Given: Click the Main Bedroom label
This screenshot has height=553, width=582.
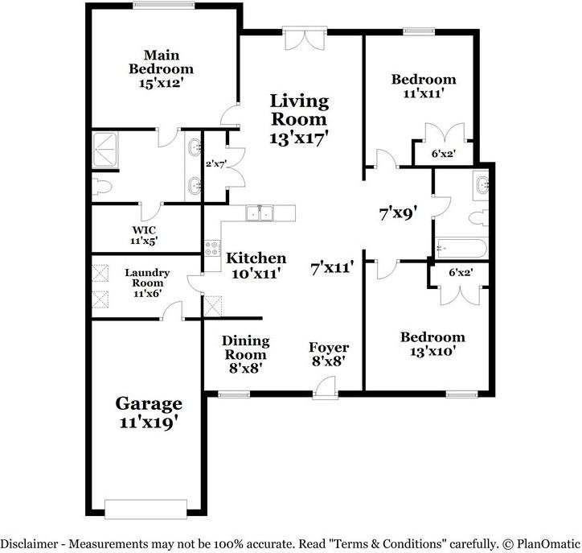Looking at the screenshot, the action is click(x=161, y=62).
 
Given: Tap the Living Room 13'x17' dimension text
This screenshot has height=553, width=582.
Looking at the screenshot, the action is click(x=299, y=138).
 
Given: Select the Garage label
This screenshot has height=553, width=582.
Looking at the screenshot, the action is click(x=149, y=403).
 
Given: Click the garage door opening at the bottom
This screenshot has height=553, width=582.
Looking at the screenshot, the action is click(x=145, y=510).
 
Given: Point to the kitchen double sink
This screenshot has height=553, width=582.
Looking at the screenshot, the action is click(x=260, y=213).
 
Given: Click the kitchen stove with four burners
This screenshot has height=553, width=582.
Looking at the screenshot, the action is click(x=212, y=248).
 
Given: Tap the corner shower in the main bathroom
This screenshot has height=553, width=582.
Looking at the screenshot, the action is click(x=105, y=150).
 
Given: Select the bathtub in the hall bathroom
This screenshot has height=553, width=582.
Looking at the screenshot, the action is click(x=461, y=248).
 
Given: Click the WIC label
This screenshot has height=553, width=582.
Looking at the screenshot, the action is click(x=144, y=230).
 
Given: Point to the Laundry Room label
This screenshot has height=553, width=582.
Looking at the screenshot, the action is click(x=147, y=278).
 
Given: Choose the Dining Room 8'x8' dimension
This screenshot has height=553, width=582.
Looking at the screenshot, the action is click(x=246, y=369).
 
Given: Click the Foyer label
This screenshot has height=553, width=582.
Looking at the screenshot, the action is click(x=329, y=348).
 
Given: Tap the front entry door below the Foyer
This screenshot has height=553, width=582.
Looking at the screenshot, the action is click(x=325, y=388).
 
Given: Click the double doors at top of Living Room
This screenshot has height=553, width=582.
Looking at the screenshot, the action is click(x=305, y=38).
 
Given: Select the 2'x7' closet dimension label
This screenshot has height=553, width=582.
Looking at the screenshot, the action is click(x=216, y=163).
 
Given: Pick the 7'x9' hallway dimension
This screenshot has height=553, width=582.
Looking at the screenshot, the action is click(x=399, y=213).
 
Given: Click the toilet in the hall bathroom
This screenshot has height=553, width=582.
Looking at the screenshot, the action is click(x=479, y=218).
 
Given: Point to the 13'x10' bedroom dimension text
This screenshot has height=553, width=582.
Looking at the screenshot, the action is click(x=432, y=351).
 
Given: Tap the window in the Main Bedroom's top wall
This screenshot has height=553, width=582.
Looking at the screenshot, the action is click(x=164, y=5).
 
